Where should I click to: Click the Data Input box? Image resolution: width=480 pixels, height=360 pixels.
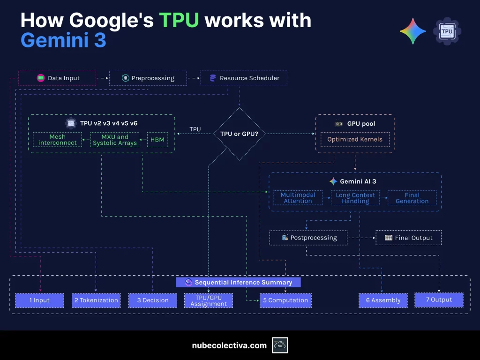pos(57,78)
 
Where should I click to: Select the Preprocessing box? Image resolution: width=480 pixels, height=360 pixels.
pos(148,78)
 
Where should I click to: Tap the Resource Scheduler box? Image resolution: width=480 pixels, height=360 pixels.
pos(244,78)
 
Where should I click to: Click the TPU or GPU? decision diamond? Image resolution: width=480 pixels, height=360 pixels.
pos(240,134)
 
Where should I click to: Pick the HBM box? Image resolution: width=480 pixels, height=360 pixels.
pos(157,140)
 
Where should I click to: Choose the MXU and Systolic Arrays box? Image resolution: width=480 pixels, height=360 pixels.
pos(115,140)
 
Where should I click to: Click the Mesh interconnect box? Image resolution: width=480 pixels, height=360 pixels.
pos(57,140)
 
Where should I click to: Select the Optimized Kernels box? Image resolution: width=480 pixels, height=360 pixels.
pos(355,139)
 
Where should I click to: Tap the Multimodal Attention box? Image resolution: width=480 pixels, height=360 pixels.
pos(298,198)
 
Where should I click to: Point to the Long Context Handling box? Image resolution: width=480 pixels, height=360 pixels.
pos(356,198)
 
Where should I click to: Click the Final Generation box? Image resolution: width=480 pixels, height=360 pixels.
pos(412,198)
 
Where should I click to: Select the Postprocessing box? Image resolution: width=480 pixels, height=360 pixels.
pos(308,238)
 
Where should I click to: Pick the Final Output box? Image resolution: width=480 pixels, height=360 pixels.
pos(408,238)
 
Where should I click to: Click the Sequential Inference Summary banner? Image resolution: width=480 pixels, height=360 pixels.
pos(238,282)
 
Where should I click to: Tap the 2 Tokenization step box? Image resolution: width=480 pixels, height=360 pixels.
pos(97,300)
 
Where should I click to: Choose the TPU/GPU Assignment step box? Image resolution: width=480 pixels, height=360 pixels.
pos(209,300)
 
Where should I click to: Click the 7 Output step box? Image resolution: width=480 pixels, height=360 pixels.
pos(439,300)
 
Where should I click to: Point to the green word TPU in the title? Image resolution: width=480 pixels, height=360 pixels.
pos(179,20)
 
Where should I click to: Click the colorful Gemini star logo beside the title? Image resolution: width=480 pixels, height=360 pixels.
pos(412,31)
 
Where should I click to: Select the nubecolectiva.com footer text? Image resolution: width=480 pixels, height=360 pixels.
pos(229,345)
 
